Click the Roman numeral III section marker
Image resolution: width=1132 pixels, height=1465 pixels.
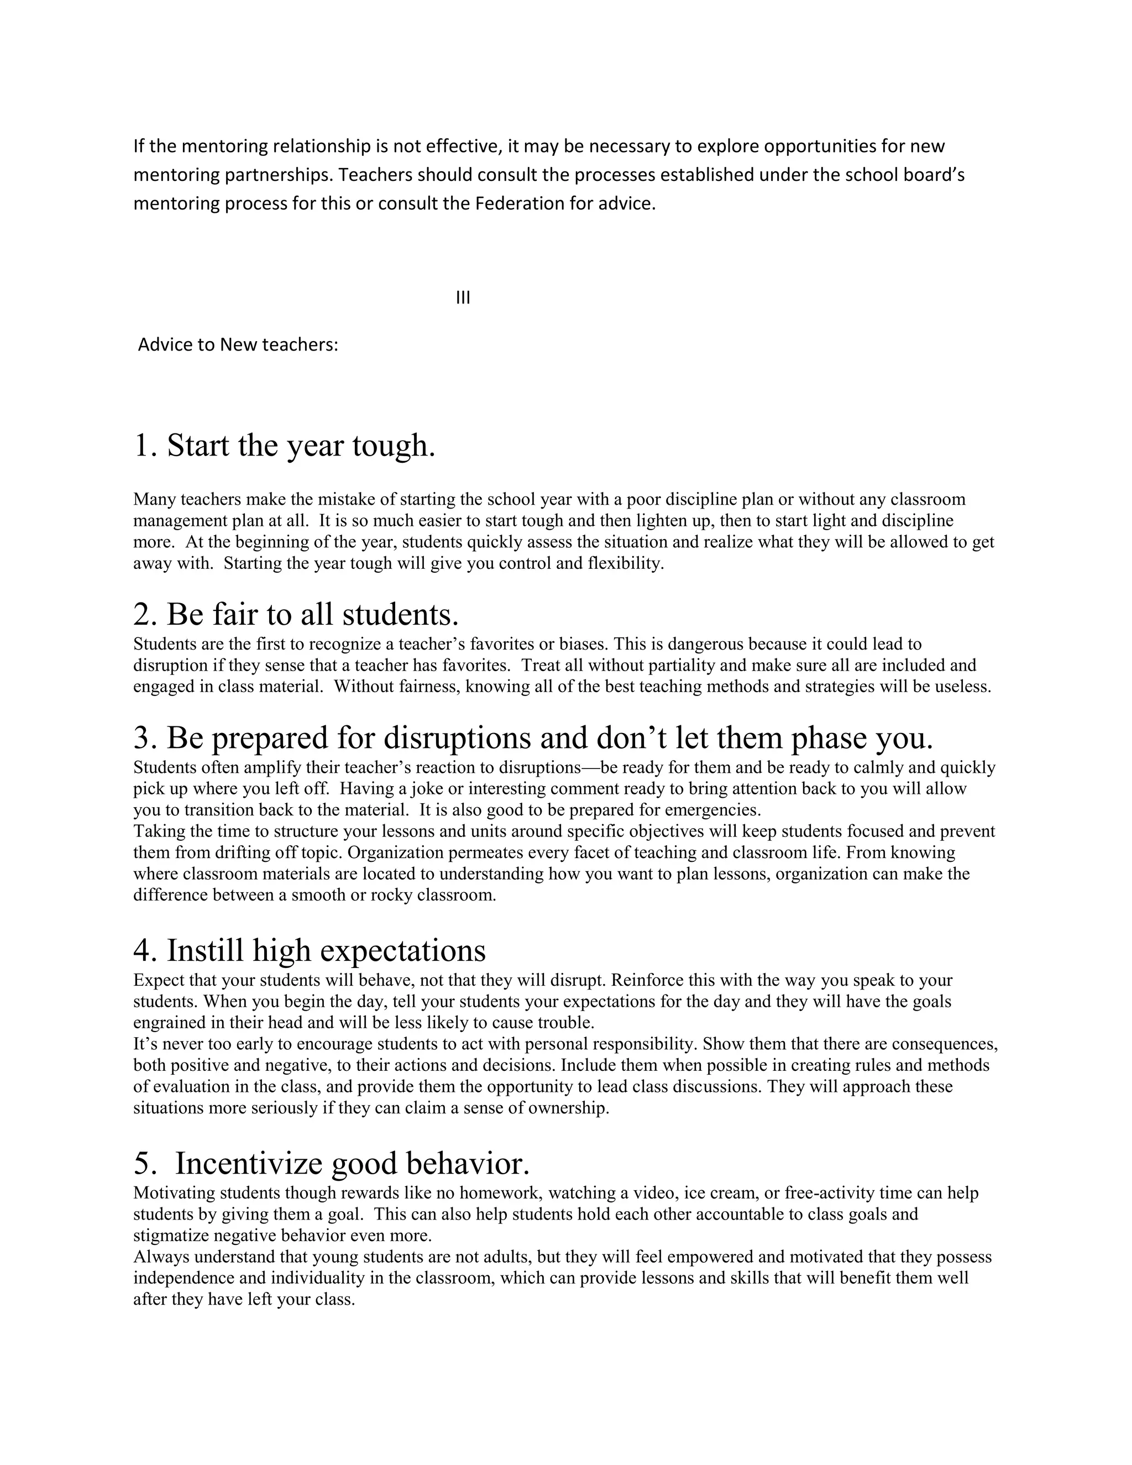coord(463,298)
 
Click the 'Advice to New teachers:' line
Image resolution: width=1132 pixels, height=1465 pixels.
coord(237,345)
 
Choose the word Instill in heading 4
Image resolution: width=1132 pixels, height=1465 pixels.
coord(206,950)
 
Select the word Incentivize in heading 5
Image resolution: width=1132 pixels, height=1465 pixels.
coord(249,1163)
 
